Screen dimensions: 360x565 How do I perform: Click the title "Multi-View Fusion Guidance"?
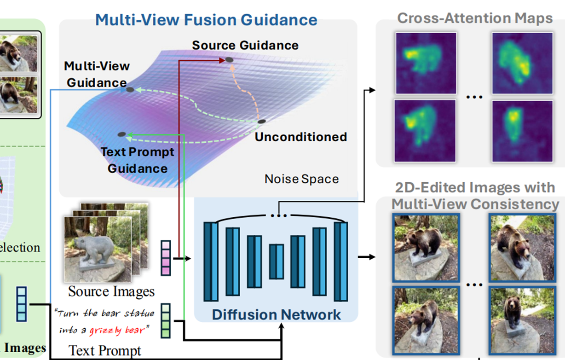pos(206,20)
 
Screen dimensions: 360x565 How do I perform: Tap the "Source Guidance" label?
pos(245,45)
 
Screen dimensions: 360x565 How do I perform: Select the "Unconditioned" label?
pos(300,137)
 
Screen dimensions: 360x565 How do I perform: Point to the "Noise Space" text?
pos(301,179)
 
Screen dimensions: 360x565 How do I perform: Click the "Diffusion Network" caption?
pos(276,314)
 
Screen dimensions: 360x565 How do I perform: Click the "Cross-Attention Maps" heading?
pos(475,18)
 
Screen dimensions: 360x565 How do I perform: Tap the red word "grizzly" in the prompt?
pos(105,330)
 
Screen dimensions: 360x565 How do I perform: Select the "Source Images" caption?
pos(111,291)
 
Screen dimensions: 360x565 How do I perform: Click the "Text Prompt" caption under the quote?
pos(105,351)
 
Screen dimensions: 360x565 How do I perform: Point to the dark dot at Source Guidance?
pos(229,60)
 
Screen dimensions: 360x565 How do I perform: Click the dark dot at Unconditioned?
pos(262,122)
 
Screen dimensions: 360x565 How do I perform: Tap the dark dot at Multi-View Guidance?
pos(130,89)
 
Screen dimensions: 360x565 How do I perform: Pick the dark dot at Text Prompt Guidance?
pos(121,134)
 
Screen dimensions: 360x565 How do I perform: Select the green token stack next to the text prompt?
pos(166,320)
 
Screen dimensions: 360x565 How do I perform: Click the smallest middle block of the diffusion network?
pos(276,261)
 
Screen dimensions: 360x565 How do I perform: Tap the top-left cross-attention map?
pos(425,62)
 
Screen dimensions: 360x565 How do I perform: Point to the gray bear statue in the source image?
pos(94,251)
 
